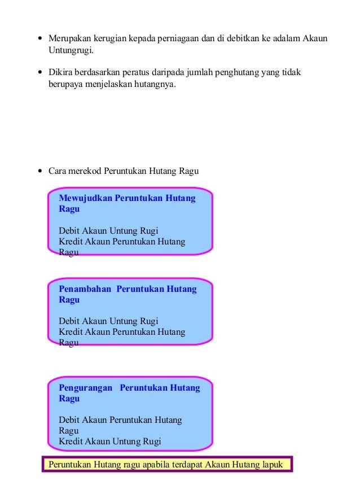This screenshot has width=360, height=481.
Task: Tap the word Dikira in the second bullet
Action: click(59, 73)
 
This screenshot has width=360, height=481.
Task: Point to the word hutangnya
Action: click(157, 85)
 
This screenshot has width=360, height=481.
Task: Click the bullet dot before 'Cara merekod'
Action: click(39, 172)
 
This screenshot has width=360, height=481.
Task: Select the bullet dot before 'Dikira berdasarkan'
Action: click(39, 73)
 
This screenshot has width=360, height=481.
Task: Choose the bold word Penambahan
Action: click(85, 289)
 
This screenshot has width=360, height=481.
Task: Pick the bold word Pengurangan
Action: click(86, 388)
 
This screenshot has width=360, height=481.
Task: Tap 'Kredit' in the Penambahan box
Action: click(70, 332)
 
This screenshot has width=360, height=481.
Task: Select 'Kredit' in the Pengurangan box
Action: click(70, 441)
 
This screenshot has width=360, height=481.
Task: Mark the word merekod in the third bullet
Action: click(90, 171)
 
